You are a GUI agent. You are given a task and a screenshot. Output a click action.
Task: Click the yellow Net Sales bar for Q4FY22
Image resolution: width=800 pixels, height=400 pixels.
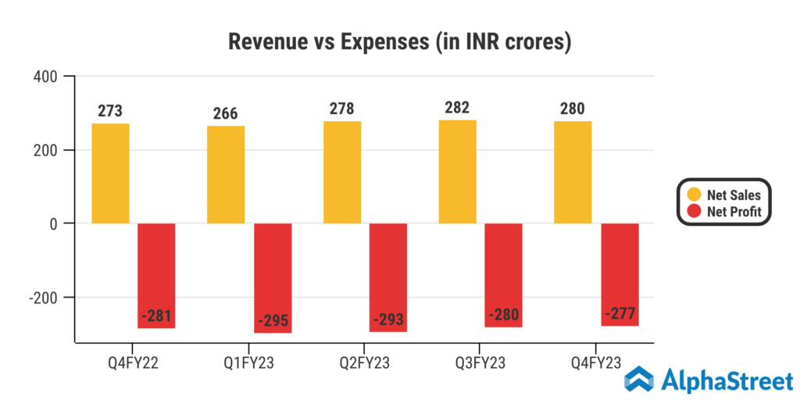coord(110,173)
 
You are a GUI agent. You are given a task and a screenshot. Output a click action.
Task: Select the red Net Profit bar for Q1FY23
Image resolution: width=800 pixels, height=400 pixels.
coord(273,277)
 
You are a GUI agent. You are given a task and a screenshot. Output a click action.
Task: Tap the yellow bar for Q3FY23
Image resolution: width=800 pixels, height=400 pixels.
coord(458,172)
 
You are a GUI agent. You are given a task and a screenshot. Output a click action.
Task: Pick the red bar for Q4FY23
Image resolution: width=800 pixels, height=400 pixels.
coord(620,274)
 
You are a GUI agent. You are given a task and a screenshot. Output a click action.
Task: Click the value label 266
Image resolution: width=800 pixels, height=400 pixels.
coord(225,114)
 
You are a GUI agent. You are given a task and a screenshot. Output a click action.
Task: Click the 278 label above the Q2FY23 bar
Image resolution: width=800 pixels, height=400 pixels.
coord(341,109)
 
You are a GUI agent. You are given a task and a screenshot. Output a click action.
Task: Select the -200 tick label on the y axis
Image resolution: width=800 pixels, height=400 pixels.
coord(46,298)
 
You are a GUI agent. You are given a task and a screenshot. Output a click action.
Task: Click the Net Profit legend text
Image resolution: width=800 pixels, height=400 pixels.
coord(734,212)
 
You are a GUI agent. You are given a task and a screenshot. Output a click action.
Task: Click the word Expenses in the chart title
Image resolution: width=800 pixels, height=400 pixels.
coord(387,42)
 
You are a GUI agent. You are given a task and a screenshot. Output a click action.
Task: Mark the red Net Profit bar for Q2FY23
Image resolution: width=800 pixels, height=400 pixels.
coord(388,277)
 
